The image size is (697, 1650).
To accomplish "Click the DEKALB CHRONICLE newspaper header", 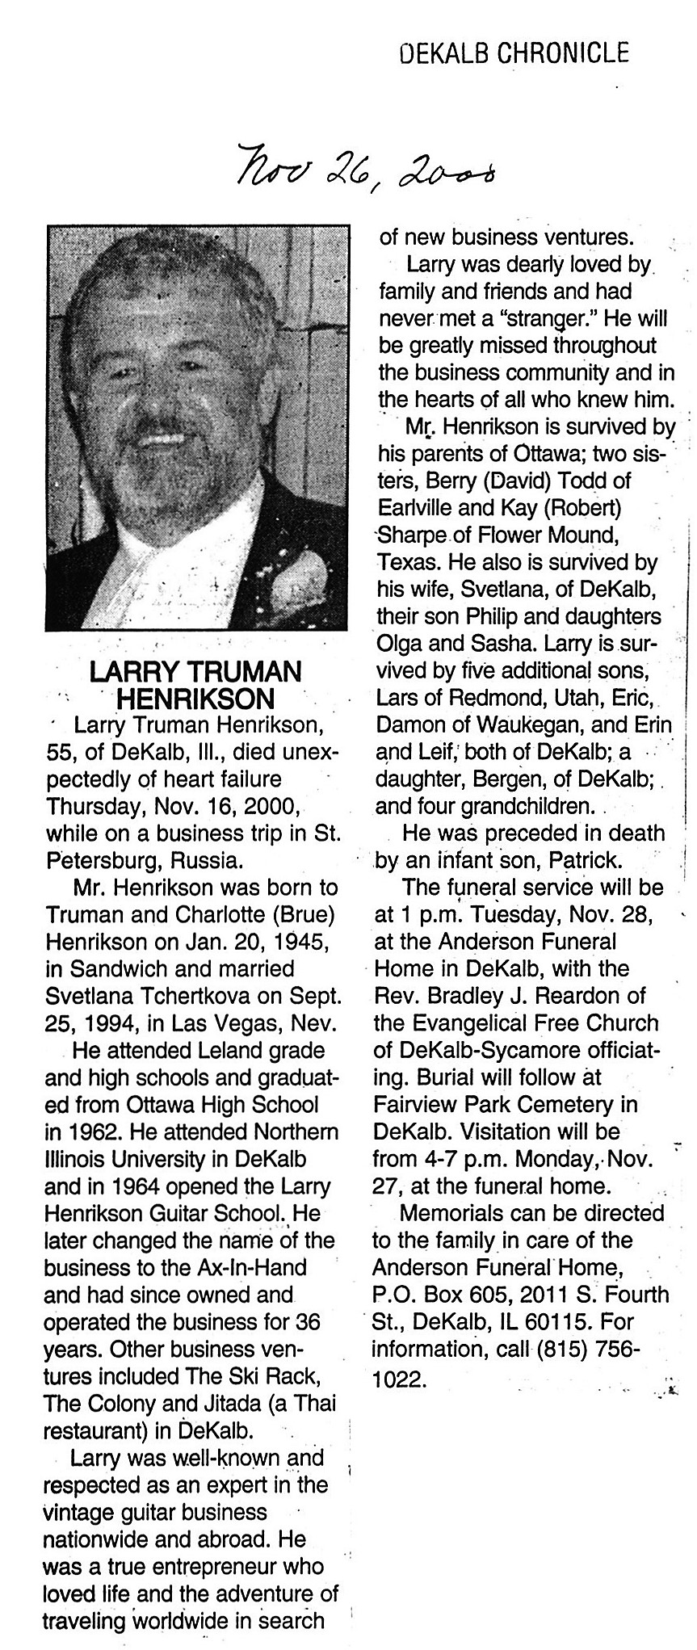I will tap(514, 53).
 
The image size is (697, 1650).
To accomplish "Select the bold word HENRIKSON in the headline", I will tap(196, 697).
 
